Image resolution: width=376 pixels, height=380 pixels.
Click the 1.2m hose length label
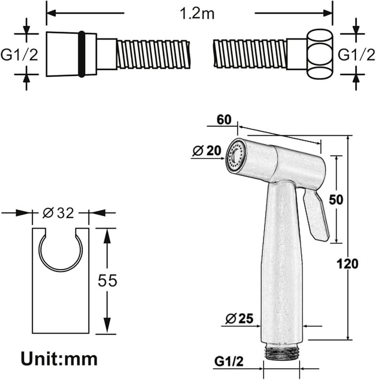pos(197,14)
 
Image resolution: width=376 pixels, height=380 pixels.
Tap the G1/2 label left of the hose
pos(19,55)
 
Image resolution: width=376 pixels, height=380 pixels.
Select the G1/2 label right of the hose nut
pos(356,55)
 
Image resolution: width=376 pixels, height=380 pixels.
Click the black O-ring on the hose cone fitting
pos(82,54)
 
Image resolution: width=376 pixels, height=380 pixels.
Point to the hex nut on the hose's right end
pos(320,54)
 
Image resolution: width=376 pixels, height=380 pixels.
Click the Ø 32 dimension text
pos(58,213)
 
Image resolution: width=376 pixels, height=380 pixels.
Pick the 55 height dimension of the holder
pos(107,280)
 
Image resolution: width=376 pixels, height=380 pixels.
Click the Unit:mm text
pos(59,359)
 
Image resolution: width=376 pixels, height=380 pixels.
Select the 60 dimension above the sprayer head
pos(224,120)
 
